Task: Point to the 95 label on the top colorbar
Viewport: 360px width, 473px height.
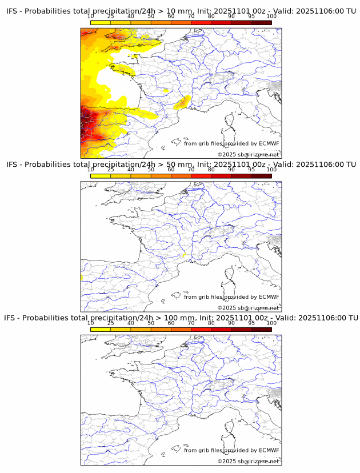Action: coord(251,17)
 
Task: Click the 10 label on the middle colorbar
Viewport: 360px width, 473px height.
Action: coord(91,170)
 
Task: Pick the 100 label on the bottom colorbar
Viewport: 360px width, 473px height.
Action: coord(271,323)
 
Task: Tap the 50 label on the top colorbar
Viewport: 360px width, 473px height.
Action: coord(151,17)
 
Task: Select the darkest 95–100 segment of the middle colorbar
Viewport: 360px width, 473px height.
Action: coord(261,176)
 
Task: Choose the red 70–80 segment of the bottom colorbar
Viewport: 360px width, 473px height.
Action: coord(201,330)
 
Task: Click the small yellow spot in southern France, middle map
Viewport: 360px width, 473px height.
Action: coord(183,255)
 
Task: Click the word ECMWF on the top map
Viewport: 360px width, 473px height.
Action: coord(269,143)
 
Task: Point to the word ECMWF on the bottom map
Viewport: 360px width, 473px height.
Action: coord(269,450)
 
